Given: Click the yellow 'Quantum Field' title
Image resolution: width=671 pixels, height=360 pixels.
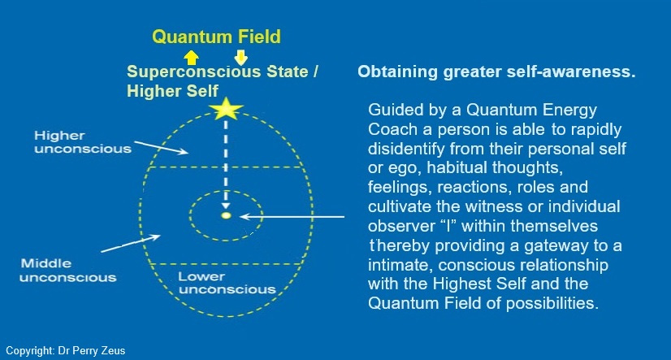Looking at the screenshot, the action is coord(217,37).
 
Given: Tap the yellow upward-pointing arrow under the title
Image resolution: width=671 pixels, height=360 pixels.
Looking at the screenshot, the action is coord(191,58).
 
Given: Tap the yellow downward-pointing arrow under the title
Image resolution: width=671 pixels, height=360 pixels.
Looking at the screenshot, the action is coord(241,58).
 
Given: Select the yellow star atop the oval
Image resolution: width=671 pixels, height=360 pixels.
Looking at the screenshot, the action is coord(226,109).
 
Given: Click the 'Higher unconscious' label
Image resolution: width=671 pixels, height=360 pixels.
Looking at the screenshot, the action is coord(83,142).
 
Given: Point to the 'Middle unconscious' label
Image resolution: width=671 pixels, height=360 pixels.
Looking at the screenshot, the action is coord(68,270).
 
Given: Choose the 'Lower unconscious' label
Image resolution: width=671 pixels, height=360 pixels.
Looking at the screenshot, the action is coord(227,283).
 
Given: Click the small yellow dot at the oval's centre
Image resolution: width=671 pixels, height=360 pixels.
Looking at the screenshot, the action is coord(226,215).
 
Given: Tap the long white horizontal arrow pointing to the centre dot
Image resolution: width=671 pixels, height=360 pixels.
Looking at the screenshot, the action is coord(292,217).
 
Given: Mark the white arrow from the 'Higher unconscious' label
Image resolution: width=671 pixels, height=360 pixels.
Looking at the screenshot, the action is coord(162,147).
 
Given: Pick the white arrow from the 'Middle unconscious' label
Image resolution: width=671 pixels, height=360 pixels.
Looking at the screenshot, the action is coord(131,243).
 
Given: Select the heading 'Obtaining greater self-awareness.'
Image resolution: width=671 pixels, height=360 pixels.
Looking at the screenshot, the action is coord(496,72).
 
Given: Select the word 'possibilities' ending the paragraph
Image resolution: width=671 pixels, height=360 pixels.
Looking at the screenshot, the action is coord(552,303).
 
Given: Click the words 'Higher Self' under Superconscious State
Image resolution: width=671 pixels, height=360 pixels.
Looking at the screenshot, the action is coord(172,91).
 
